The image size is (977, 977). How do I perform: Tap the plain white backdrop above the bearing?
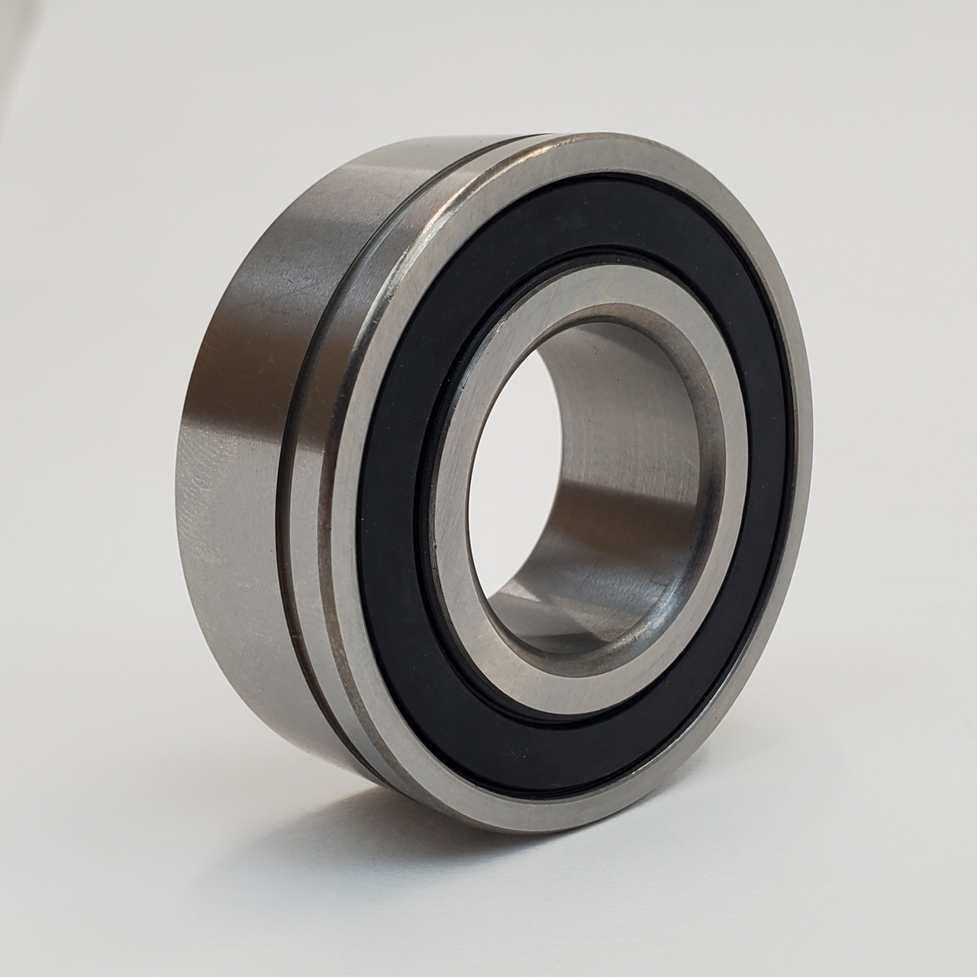488,61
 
